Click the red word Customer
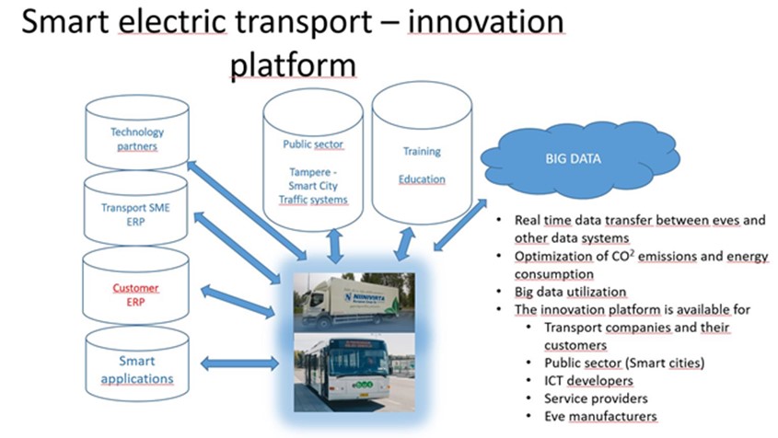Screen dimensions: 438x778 (135, 288)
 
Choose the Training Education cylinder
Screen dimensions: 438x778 (422, 166)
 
